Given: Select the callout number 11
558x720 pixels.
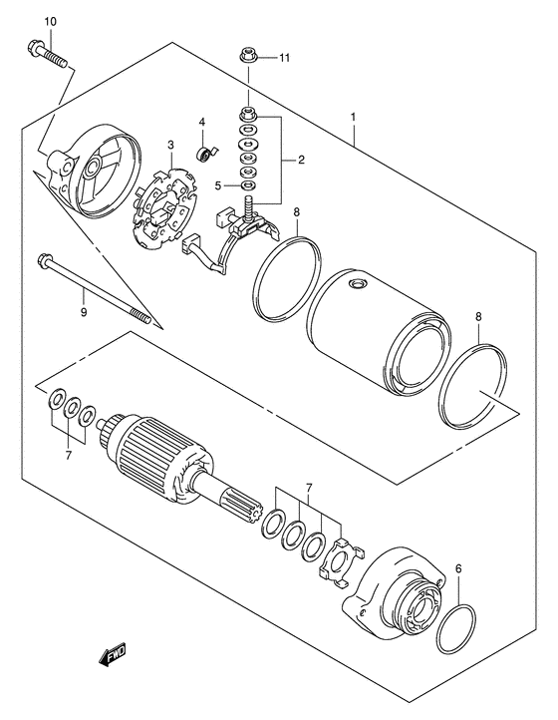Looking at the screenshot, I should click(283, 58).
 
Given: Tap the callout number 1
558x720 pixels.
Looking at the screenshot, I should click(353, 117).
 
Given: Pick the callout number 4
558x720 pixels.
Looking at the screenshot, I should click(202, 123).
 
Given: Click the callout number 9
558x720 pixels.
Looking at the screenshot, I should click(84, 312).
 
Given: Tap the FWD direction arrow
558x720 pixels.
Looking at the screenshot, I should click(110, 653).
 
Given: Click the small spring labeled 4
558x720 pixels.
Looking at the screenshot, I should click(205, 153).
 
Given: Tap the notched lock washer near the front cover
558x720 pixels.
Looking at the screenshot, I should click(342, 560).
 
